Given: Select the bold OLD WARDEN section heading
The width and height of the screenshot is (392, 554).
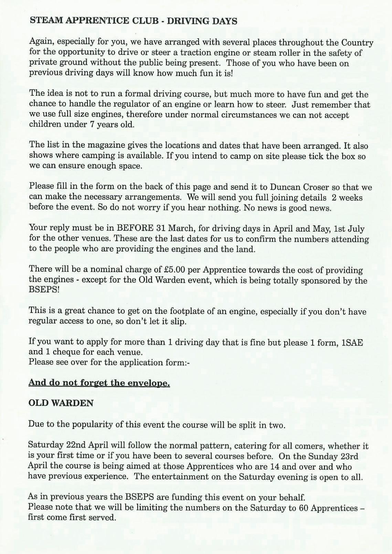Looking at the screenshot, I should coord(61,404).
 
